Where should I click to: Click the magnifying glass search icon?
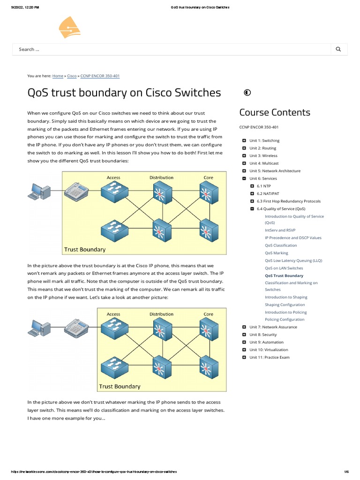338,49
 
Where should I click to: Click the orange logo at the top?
69,27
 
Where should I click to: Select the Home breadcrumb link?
58,75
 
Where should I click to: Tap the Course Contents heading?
275,112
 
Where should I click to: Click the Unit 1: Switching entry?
264,141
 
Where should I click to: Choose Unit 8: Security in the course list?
263,335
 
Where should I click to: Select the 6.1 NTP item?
263,186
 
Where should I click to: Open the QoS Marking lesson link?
277,253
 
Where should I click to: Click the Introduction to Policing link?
285,312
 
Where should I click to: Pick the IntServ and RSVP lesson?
280,230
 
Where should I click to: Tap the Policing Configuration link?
285,320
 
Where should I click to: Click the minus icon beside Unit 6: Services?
244,179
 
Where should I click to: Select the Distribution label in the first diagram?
161,178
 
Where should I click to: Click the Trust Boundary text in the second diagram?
120,386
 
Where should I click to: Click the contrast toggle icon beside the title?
247,92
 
